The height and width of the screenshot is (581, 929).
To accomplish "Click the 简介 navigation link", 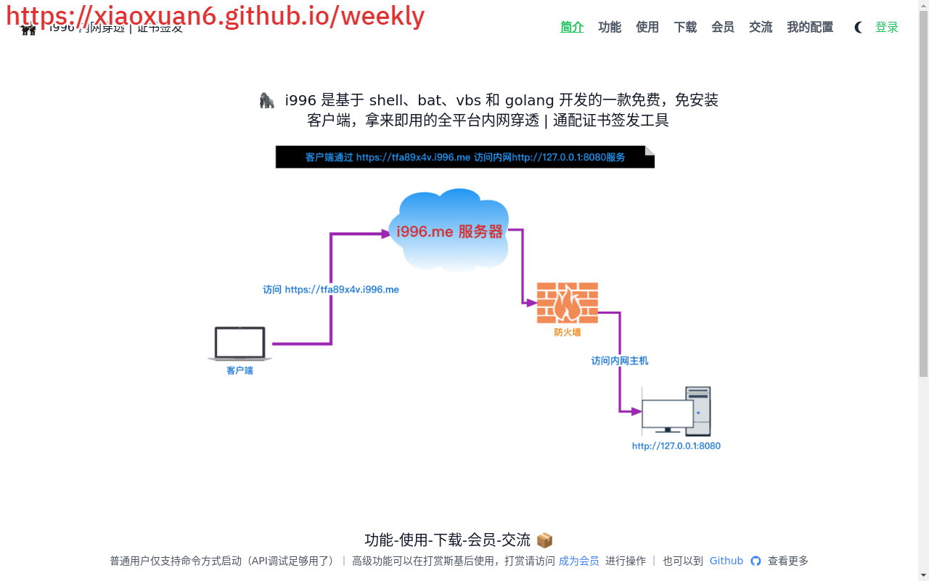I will coord(572,28).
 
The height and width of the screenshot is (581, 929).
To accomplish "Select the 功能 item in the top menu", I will coord(610,28).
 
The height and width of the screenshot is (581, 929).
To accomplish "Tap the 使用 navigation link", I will coord(647,28).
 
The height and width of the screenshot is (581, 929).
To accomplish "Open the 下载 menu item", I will coord(685,28).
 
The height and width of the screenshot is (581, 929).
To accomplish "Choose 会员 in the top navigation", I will coord(723,28).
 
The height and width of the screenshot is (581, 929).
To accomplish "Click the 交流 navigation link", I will coord(761,28).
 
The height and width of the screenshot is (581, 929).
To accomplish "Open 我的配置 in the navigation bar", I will coord(810,28).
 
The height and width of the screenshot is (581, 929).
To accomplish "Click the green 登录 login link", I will coord(887,28).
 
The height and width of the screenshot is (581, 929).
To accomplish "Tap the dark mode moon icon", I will coord(859,28).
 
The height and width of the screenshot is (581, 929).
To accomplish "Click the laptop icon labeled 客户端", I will coord(240,344).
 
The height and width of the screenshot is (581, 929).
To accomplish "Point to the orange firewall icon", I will coord(568,303).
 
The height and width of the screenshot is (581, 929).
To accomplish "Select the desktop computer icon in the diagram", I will coord(676,411).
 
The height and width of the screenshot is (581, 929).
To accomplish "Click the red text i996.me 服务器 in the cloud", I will coord(450,232).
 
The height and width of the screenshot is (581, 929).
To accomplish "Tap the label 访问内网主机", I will coord(620,361).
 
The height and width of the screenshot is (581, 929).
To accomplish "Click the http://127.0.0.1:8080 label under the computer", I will coord(676,446).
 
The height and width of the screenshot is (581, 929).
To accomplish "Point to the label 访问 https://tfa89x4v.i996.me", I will coord(331,290).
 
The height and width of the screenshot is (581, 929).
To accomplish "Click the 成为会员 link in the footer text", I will coord(579,561).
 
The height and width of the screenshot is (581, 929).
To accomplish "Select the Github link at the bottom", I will coord(727,561).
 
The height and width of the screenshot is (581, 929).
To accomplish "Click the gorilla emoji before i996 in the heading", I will coord(267,100).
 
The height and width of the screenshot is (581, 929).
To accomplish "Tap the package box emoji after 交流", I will coord(544,540).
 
